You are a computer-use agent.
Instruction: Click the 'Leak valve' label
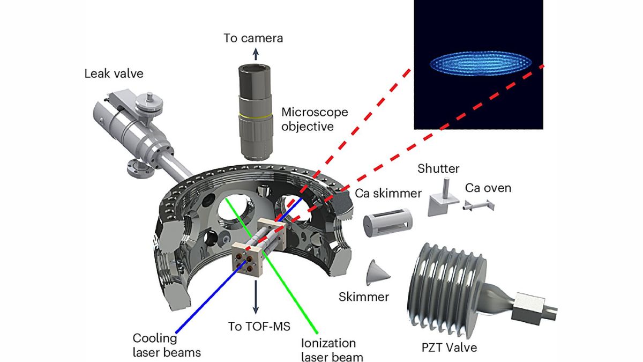(114, 73)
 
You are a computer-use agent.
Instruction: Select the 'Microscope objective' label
(315, 119)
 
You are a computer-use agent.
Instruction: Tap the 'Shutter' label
(438, 168)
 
